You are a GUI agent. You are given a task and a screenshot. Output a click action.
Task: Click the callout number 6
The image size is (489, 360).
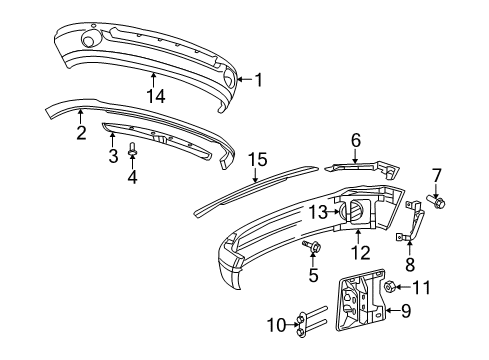coord(354,141)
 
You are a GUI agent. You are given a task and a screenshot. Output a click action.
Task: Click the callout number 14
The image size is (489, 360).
coord(152,95)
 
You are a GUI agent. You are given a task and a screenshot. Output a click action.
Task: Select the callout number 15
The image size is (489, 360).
coord(258,159)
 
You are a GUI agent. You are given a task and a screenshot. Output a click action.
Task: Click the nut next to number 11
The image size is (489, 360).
coord(387,288)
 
